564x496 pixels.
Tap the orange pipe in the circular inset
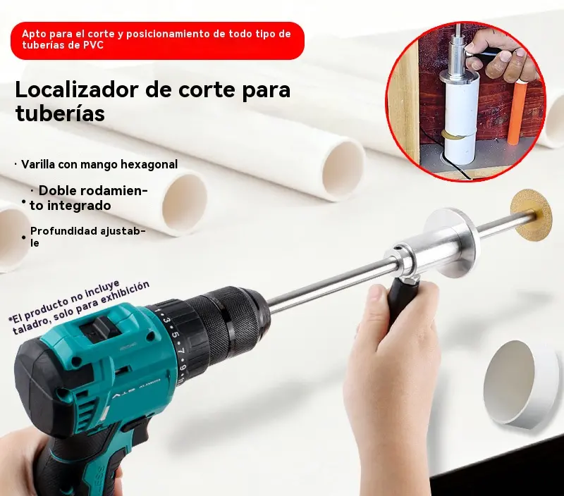[522, 112]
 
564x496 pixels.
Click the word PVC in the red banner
[94, 45]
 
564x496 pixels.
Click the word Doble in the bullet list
[56, 191]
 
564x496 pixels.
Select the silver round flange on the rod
[451, 243]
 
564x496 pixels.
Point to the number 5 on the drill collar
[176, 335]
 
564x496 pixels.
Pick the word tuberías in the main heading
[60, 113]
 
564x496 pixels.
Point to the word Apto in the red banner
[33, 34]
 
